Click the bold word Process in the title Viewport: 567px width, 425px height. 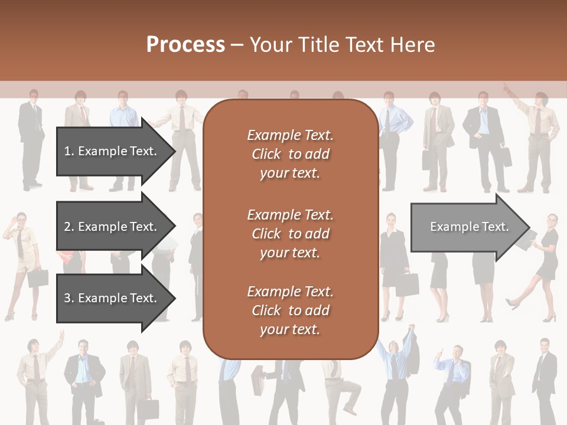[185, 45]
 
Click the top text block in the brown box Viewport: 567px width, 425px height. [290, 154]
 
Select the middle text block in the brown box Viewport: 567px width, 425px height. [290, 234]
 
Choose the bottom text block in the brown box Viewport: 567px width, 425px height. [290, 310]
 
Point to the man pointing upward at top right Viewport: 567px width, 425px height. [535, 139]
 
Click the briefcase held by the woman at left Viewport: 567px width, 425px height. [38, 277]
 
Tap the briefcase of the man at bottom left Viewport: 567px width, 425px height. [151, 408]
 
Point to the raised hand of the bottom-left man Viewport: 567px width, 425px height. [61, 335]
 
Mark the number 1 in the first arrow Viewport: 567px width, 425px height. [67, 151]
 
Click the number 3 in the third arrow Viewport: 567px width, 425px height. [67, 298]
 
